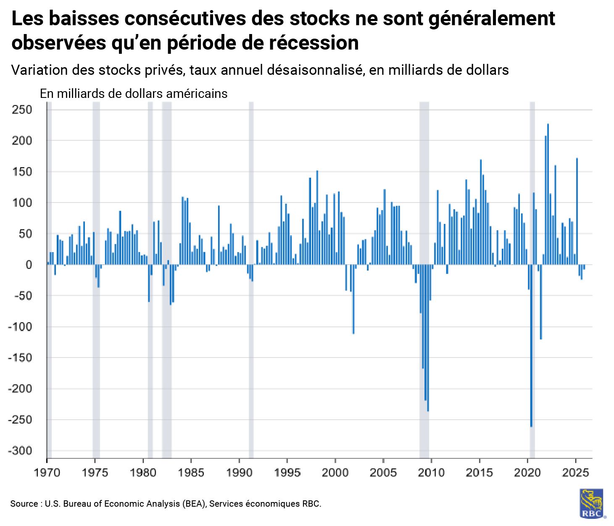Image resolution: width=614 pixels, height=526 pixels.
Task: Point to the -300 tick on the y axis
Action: click(20, 451)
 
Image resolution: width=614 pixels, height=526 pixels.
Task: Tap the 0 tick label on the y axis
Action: click(29, 265)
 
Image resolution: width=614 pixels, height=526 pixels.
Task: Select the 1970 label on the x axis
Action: click(47, 472)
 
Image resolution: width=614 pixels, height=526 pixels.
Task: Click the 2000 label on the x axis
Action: click(335, 472)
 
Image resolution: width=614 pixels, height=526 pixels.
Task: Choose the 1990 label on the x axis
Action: click(239, 472)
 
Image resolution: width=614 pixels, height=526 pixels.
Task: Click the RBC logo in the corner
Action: click(591, 503)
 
